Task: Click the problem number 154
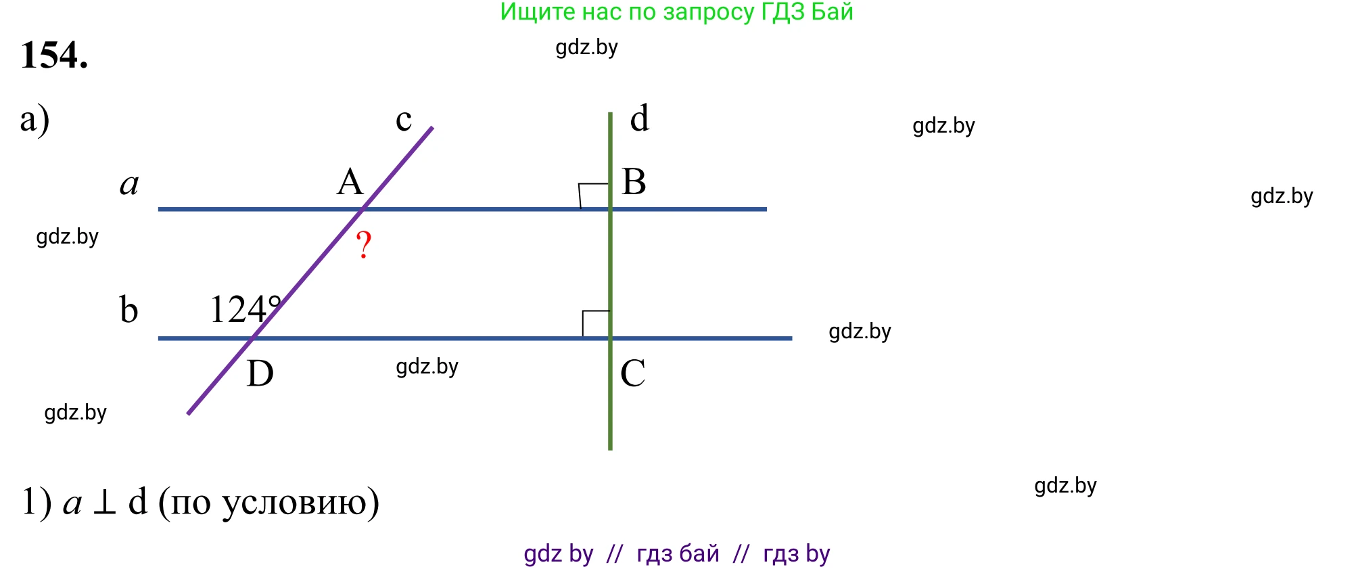54,55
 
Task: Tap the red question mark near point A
364,244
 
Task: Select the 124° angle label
245,310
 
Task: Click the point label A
350,182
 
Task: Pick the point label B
634,181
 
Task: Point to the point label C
632,373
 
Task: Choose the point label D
260,373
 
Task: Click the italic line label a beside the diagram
129,184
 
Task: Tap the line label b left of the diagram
128,310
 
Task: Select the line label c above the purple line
404,120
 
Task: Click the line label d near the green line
639,118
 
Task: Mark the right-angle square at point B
594,196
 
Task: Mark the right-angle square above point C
596,323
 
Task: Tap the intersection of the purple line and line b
252,338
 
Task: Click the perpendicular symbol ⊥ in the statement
104,504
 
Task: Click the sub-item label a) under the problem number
34,120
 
